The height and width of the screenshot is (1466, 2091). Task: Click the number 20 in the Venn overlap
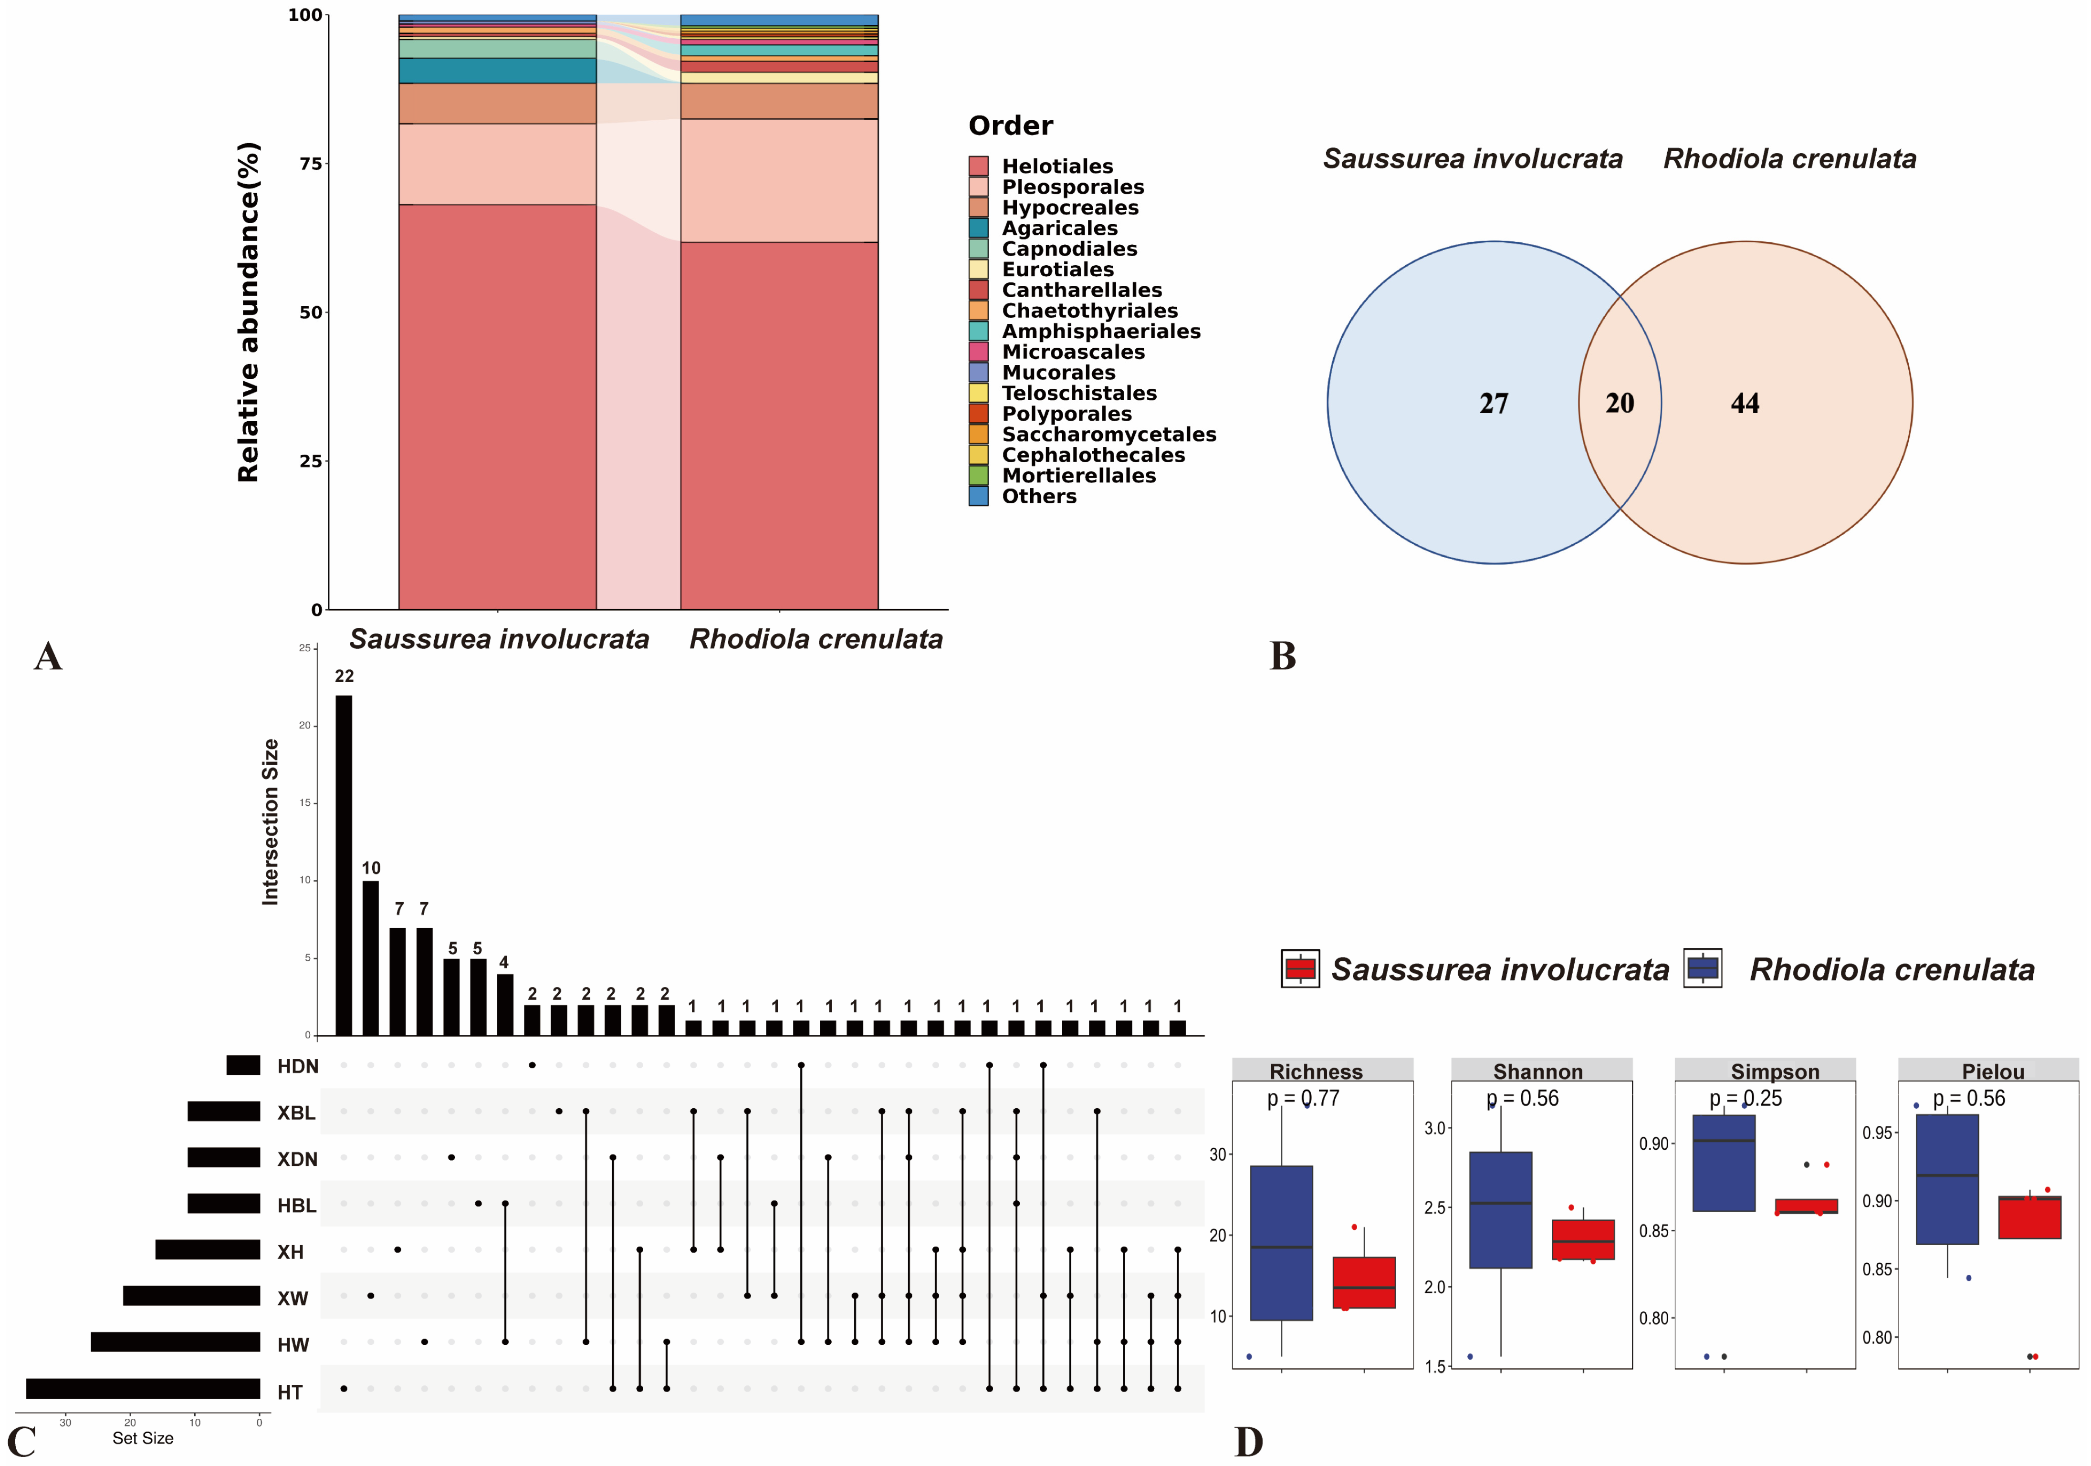[1619, 404]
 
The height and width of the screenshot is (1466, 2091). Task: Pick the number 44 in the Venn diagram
[1745, 404]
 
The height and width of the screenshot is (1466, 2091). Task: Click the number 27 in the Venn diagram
[1494, 404]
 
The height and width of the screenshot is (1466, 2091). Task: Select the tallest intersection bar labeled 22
[344, 865]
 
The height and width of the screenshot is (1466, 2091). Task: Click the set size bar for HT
[143, 1389]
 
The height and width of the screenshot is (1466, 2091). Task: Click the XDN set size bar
[224, 1157]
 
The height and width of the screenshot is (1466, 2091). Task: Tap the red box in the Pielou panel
[2029, 1217]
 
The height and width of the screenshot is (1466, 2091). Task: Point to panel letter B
[1282, 655]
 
